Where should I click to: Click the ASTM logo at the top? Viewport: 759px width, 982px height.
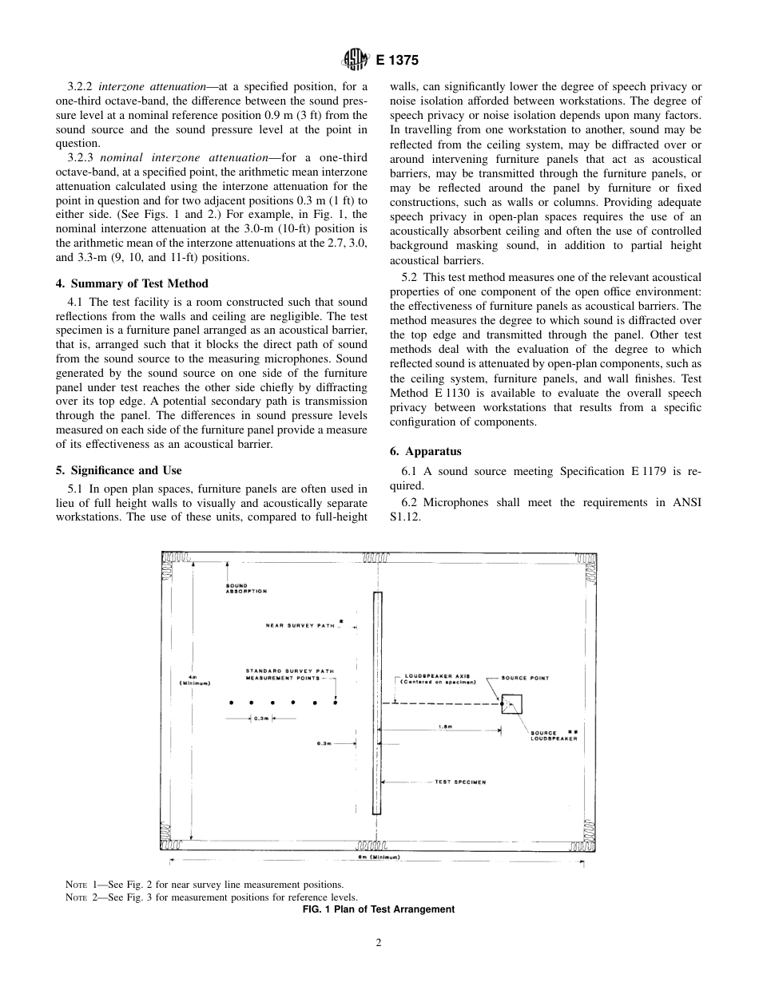pos(353,59)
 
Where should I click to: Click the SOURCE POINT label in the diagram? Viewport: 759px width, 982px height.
pos(525,678)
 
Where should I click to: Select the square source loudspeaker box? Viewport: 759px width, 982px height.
pos(511,704)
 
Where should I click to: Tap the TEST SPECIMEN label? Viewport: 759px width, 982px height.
pos(459,782)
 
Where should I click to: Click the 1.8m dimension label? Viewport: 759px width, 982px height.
pos(445,727)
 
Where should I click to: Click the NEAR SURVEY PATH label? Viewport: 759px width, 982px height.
pos(300,625)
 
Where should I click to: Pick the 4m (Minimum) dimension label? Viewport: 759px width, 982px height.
pos(190,679)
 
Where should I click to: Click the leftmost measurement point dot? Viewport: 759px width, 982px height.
pos(231,703)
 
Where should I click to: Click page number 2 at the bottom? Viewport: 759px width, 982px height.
pos(379,943)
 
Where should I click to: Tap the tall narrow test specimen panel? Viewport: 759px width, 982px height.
pos(377,703)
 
